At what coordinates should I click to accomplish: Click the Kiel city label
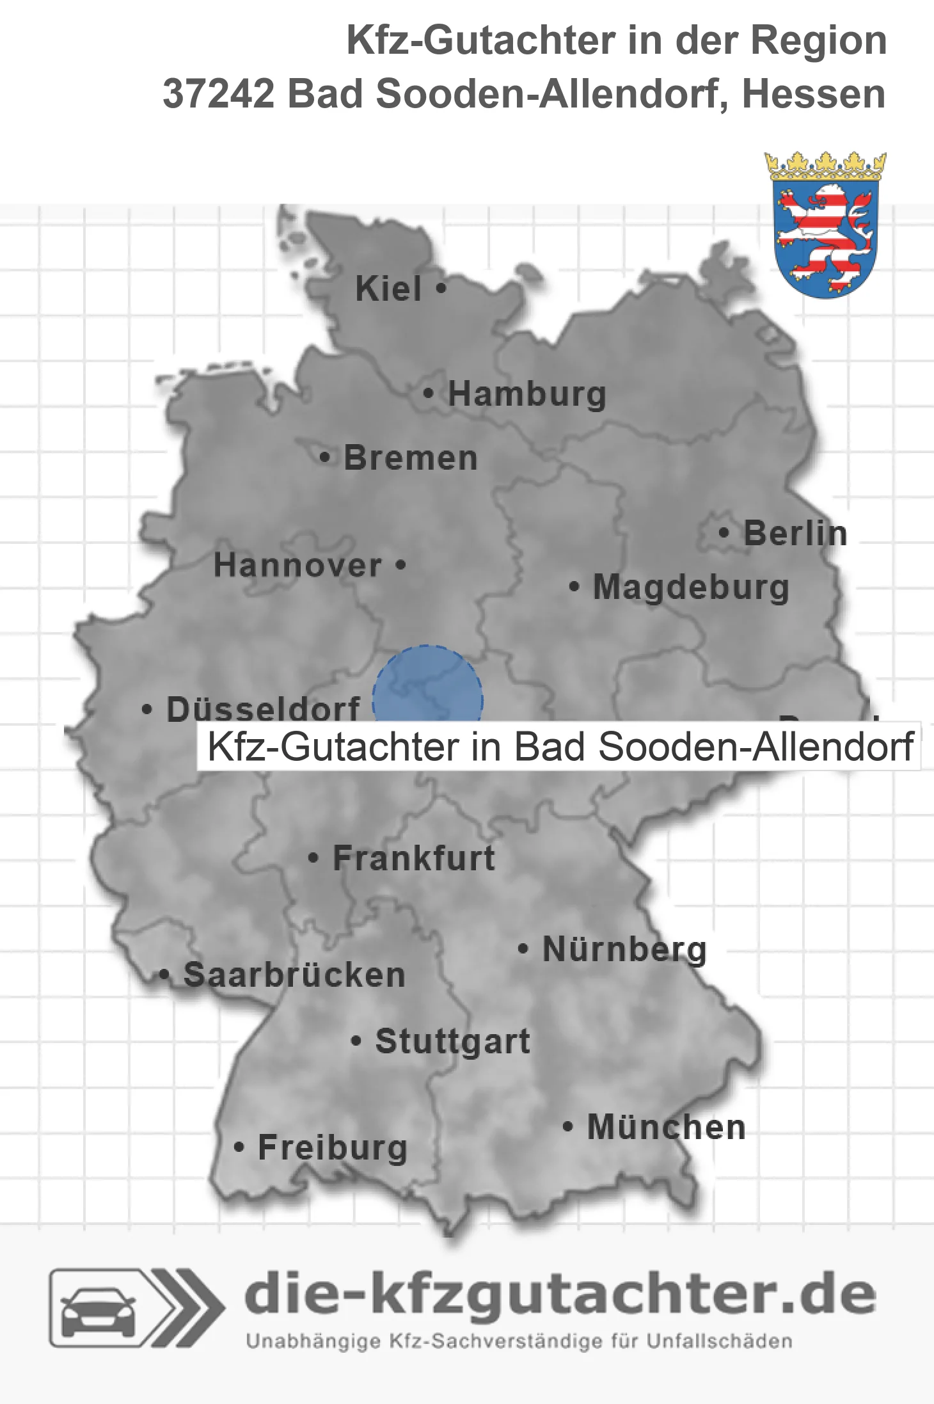[x=388, y=289]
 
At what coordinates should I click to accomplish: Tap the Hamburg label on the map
[x=526, y=394]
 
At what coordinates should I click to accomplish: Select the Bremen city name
[x=411, y=458]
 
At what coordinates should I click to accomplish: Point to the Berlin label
[x=795, y=534]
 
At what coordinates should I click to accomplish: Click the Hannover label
[x=297, y=566]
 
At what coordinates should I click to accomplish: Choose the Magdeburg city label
[x=691, y=587]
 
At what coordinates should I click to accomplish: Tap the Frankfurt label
[x=414, y=858]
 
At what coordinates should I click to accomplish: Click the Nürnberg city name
[x=624, y=949]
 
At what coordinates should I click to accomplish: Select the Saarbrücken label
[x=294, y=975]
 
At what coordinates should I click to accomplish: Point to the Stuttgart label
[x=453, y=1041]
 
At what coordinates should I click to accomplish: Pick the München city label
[x=667, y=1127]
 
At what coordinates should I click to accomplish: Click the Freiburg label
[x=333, y=1147]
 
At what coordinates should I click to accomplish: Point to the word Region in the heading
[x=818, y=40]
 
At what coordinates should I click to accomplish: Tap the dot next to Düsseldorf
[x=147, y=709]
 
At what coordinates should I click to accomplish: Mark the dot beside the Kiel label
[x=441, y=289]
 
